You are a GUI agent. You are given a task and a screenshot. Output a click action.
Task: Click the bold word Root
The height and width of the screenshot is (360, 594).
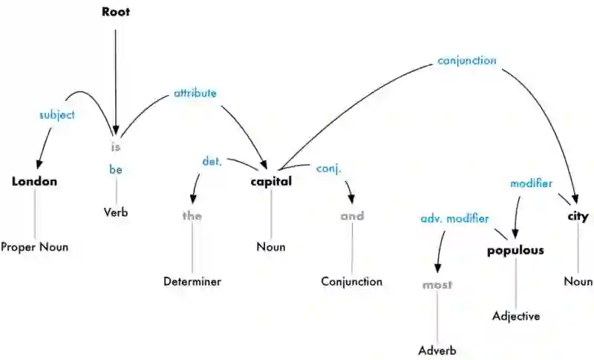pyautogui.click(x=115, y=13)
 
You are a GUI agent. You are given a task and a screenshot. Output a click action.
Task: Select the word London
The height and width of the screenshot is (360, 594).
pyautogui.click(x=34, y=182)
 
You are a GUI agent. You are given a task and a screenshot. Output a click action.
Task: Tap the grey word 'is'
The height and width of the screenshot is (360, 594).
pyautogui.click(x=115, y=146)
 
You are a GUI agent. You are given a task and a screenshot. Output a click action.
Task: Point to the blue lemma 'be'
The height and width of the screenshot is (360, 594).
pyautogui.click(x=115, y=170)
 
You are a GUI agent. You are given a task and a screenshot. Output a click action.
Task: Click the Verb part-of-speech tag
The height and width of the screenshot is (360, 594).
pyautogui.click(x=116, y=212)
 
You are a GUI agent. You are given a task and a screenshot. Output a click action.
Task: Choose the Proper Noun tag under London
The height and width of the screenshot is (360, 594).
pyautogui.click(x=34, y=247)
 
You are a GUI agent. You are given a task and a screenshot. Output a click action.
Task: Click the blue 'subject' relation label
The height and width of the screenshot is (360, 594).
pyautogui.click(x=57, y=115)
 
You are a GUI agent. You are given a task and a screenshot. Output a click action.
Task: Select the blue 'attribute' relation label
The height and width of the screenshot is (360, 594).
pyautogui.click(x=195, y=94)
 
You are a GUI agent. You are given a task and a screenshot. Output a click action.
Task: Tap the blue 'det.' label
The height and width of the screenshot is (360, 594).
pyautogui.click(x=213, y=161)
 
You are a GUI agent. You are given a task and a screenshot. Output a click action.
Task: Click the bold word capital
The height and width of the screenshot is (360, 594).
pyautogui.click(x=271, y=182)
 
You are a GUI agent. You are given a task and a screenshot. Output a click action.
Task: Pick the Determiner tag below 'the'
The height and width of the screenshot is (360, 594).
pyautogui.click(x=192, y=281)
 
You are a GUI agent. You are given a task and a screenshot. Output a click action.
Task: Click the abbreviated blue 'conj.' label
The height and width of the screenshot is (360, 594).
pyautogui.click(x=329, y=168)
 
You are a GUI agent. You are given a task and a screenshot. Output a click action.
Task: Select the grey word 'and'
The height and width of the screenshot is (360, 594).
pyautogui.click(x=352, y=217)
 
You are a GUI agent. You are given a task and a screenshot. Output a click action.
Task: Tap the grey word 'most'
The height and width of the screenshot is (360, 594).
pyautogui.click(x=437, y=284)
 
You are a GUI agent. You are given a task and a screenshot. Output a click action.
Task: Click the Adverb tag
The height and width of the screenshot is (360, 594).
pyautogui.click(x=437, y=350)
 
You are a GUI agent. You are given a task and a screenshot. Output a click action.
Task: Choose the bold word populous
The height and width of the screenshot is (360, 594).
pyautogui.click(x=515, y=250)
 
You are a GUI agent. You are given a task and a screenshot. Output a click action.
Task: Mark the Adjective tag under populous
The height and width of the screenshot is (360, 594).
pyautogui.click(x=516, y=316)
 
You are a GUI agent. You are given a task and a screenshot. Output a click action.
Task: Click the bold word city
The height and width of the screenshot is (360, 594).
pyautogui.click(x=578, y=217)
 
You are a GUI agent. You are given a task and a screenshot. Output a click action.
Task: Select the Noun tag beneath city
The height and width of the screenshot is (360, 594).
pyautogui.click(x=578, y=281)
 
